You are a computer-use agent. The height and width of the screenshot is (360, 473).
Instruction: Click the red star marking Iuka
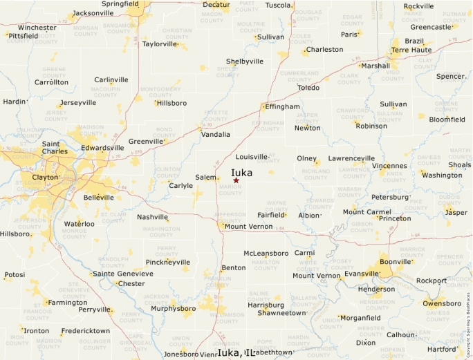[x=236, y=180]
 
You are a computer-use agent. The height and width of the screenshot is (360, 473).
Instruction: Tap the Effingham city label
[x=284, y=107]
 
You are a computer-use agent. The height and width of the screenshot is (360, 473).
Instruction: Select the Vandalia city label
[x=216, y=135]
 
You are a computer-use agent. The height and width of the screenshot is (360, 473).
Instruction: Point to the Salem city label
[x=205, y=178]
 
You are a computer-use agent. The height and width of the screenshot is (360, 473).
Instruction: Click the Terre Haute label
[x=411, y=50]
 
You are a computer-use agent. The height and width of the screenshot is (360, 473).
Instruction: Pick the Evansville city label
[x=362, y=274]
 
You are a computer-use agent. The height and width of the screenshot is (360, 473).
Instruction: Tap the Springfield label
[x=120, y=3]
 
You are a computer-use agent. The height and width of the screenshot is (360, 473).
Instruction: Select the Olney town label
[x=306, y=158]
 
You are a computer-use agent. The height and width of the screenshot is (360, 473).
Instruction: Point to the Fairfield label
[x=271, y=215]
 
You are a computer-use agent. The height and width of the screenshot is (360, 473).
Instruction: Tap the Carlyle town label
[x=181, y=185]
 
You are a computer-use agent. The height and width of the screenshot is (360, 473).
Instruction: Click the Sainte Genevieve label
[x=123, y=274]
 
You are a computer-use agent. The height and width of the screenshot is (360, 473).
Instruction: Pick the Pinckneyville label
[x=167, y=263]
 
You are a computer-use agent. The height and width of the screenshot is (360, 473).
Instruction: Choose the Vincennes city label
[x=389, y=166]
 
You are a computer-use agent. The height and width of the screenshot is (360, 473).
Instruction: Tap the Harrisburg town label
[x=266, y=305]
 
